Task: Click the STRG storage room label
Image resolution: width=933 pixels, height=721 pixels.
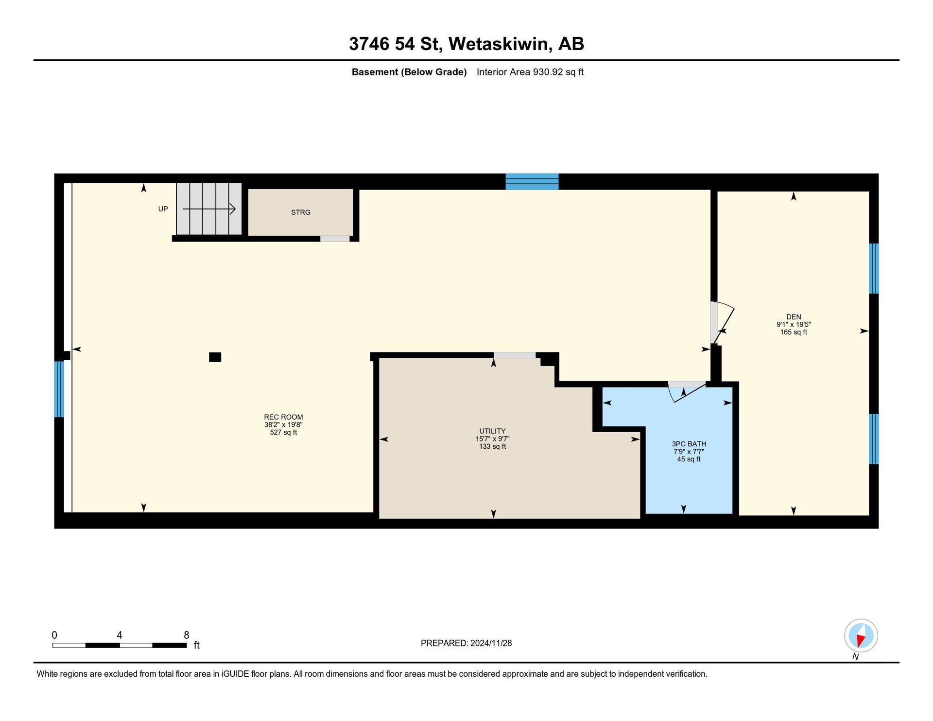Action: click(300, 212)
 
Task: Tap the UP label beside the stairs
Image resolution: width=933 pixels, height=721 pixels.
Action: click(163, 209)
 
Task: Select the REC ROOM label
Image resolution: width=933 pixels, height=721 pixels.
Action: click(283, 417)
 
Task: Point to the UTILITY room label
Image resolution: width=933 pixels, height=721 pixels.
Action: click(492, 431)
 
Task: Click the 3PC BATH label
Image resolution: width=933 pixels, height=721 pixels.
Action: click(689, 444)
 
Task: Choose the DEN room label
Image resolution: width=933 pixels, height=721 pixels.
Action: click(794, 317)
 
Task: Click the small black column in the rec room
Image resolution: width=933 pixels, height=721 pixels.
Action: click(215, 357)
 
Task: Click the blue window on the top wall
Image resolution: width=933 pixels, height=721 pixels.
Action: click(532, 181)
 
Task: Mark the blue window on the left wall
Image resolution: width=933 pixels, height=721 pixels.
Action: click(59, 389)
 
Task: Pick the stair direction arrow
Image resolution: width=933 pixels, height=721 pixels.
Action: click(209, 209)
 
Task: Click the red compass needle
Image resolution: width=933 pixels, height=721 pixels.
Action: click(860, 641)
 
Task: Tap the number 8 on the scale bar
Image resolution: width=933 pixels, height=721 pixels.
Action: click(186, 635)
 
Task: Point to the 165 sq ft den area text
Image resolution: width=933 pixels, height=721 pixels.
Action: click(794, 333)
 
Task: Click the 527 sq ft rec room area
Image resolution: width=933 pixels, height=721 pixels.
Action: click(283, 432)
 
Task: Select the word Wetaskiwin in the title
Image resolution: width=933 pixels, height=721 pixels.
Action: click(500, 44)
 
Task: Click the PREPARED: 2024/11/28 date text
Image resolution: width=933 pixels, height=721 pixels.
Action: click(466, 643)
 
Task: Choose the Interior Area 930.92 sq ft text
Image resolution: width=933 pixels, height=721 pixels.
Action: click(530, 72)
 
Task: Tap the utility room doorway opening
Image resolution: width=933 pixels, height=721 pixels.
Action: click(515, 355)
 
